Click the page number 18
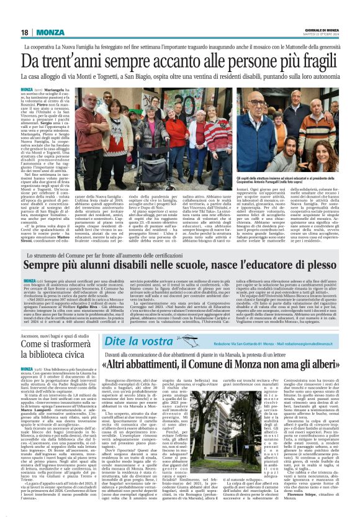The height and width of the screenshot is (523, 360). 24,32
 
